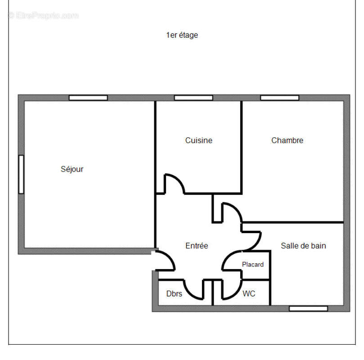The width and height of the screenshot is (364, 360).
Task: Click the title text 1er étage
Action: pyautogui.click(x=182, y=35)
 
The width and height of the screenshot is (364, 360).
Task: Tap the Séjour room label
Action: pyautogui.click(x=72, y=169)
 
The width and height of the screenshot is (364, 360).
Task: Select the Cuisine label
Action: pyautogui.click(x=198, y=140)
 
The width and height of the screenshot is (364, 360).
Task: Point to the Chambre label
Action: pyautogui.click(x=287, y=140)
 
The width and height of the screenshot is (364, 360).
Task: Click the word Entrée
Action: pyautogui.click(x=197, y=246)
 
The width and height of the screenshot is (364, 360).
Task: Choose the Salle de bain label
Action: pyautogui.click(x=303, y=246)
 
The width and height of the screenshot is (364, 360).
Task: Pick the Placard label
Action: pyautogui.click(x=253, y=265)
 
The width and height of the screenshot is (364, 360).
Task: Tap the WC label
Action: pyautogui.click(x=249, y=294)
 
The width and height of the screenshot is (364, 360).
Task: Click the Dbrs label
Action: pyautogui.click(x=174, y=294)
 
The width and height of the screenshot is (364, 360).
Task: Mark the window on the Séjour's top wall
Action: pyautogui.click(x=88, y=98)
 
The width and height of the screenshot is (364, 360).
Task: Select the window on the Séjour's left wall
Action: pyautogui.click(x=21, y=174)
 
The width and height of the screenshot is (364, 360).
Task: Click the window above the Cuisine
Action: pyautogui.click(x=193, y=98)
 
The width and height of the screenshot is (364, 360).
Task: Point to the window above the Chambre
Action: pyautogui.click(x=280, y=98)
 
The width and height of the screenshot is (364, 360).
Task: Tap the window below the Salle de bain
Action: pyautogui.click(x=308, y=308)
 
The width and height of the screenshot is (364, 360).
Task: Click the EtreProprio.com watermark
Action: pyautogui.click(x=43, y=15)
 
